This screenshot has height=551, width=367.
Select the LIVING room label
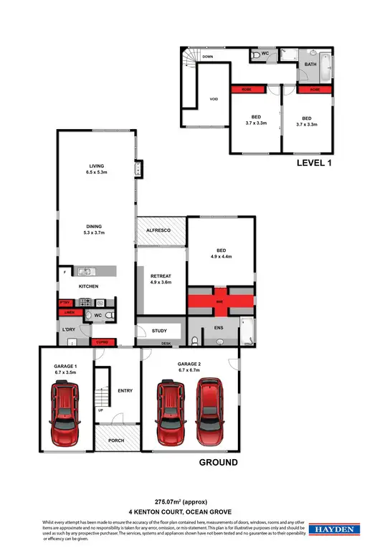[x=97, y=166]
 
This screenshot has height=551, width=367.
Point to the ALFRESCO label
[x=158, y=230]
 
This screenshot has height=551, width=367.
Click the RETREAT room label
[x=161, y=275]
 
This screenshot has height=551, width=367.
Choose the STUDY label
[x=159, y=331]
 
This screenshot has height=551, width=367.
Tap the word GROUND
[x=218, y=463]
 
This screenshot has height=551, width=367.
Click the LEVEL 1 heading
[x=315, y=164]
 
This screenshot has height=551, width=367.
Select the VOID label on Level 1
[x=214, y=99]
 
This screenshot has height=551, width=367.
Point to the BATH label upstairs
[x=310, y=65]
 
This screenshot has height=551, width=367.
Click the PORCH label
[x=116, y=441]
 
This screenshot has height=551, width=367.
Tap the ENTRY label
[x=125, y=390]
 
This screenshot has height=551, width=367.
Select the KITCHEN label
[x=88, y=287]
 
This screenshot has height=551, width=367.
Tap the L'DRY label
[x=70, y=331]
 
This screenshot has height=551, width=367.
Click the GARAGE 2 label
[x=189, y=364]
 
